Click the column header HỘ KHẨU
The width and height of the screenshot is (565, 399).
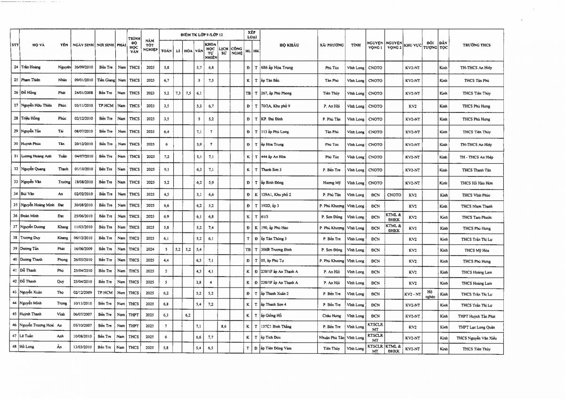[x=290, y=45]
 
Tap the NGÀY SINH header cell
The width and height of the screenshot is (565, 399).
[x=82, y=45]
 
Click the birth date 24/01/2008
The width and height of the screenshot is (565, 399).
[x=82, y=93]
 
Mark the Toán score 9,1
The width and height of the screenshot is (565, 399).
[x=166, y=169]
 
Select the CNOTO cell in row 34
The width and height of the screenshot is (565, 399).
[x=394, y=194]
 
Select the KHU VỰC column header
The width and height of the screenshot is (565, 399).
[x=412, y=45]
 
